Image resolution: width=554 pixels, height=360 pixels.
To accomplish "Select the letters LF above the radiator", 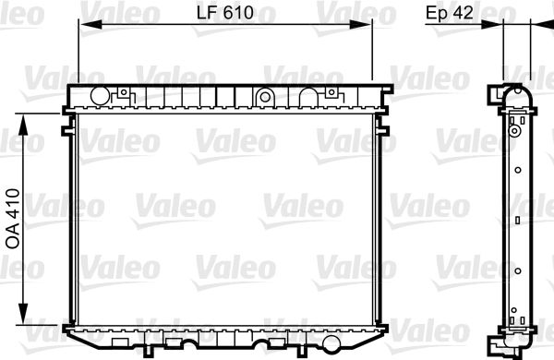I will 209,12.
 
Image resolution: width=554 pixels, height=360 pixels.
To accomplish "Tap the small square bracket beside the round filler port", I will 121,93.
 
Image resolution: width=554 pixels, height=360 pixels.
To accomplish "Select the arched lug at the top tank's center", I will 264,95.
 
